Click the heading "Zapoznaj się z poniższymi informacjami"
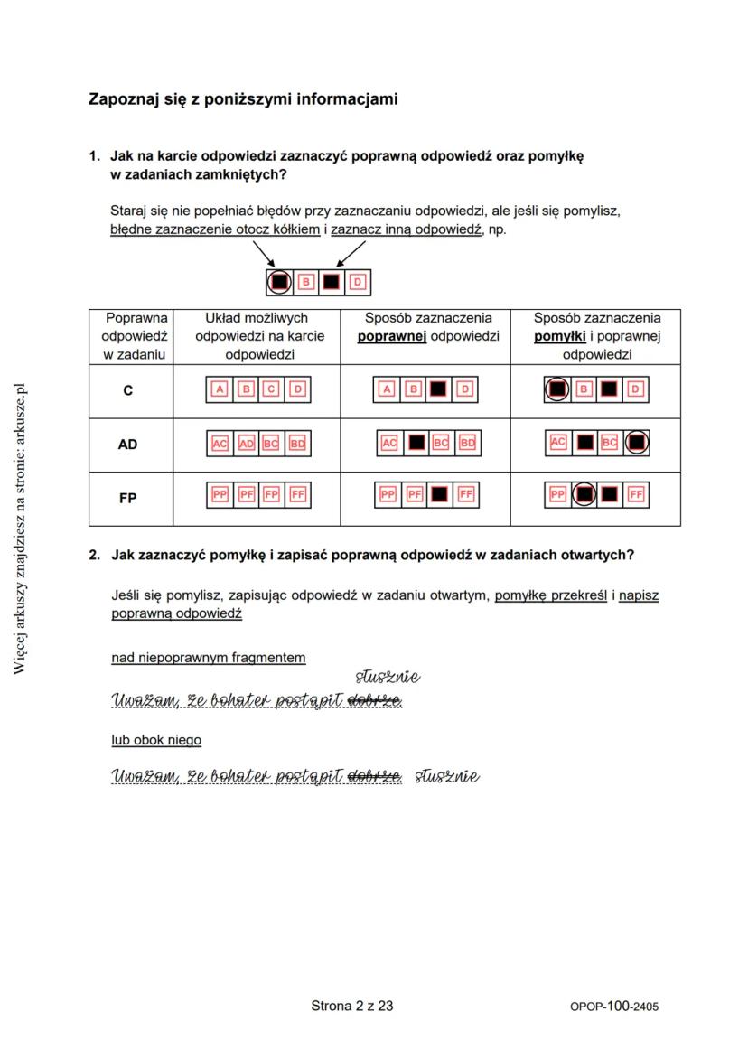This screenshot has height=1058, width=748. click(x=242, y=98)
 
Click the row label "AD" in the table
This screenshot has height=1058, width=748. click(x=128, y=445)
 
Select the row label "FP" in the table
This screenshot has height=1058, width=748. click(x=128, y=497)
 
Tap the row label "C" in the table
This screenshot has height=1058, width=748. click(x=128, y=391)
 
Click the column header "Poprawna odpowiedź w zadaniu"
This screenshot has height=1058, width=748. click(x=131, y=336)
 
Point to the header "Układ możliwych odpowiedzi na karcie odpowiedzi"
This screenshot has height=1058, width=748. click(x=257, y=336)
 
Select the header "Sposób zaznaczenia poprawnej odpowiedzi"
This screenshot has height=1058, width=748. click(x=427, y=327)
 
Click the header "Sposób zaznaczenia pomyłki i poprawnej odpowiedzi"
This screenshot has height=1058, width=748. click(x=596, y=336)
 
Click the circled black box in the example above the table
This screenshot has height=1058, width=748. click(x=280, y=282)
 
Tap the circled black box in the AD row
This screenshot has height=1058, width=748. click(x=637, y=443)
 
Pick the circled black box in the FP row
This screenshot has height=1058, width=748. click(x=584, y=495)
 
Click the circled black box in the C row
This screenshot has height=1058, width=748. click(x=558, y=389)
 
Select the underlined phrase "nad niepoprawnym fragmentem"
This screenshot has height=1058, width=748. click(x=209, y=658)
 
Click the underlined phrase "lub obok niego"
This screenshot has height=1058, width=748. click(x=156, y=740)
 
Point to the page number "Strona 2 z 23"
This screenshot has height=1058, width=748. click(x=352, y=1005)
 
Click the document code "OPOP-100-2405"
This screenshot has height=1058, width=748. click(x=613, y=1006)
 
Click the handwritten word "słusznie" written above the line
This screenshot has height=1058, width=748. click(x=388, y=677)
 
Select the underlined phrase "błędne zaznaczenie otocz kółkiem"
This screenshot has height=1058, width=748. click(x=215, y=229)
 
